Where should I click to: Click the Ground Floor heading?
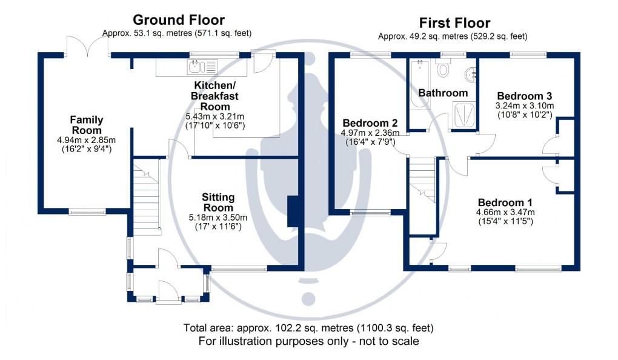pyautogui.click(x=178, y=21)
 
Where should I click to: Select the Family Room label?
pyautogui.click(x=87, y=125)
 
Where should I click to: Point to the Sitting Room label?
pyautogui.click(x=218, y=203)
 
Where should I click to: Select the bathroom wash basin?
pyautogui.click(x=470, y=75)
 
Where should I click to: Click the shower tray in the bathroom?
pyautogui.click(x=463, y=115)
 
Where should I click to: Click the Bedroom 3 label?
pyautogui.click(x=524, y=96)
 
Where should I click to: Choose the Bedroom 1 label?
pyautogui.click(x=505, y=202)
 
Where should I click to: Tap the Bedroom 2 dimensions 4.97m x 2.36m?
pyautogui.click(x=370, y=133)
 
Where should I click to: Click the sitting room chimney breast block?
pyautogui.click(x=294, y=212)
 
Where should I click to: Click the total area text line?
pyautogui.click(x=308, y=328)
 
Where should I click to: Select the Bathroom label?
pyautogui.click(x=443, y=93)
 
